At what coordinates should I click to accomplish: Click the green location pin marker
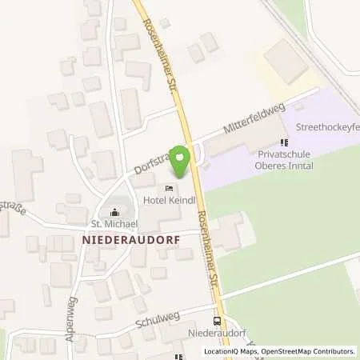(x=181, y=162)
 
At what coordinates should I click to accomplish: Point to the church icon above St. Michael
(x=115, y=212)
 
